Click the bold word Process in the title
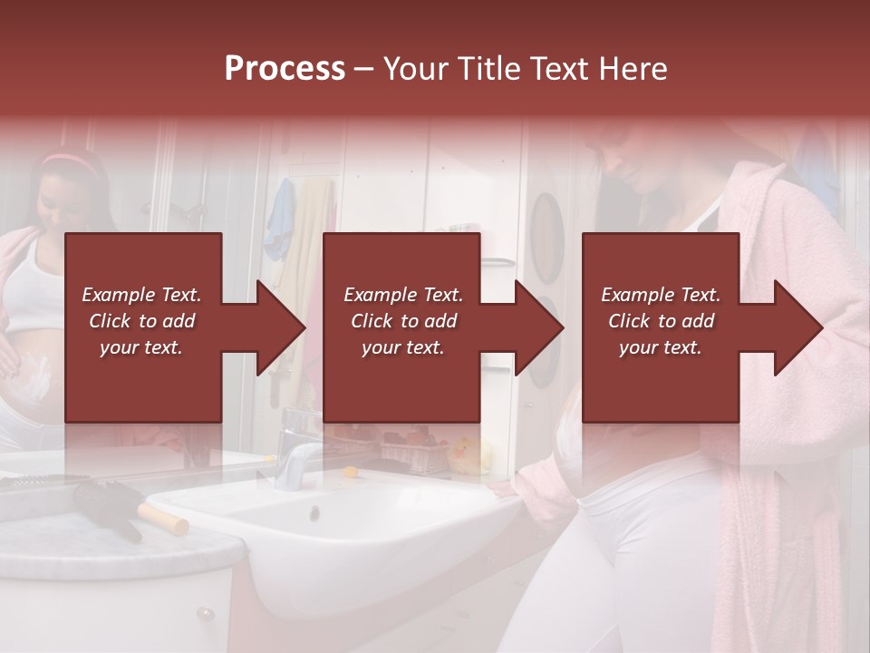point(284,69)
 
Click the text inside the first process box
point(141,320)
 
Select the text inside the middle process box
point(402,320)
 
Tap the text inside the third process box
point(660,320)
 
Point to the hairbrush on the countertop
point(104,508)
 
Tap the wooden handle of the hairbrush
point(163,519)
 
